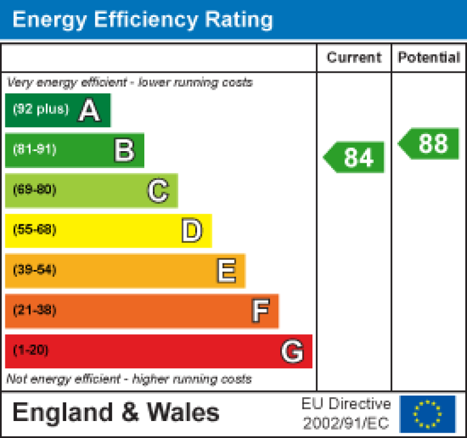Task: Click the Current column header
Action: [x=354, y=58]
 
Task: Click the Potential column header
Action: [x=429, y=58]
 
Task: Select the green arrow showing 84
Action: [x=355, y=157]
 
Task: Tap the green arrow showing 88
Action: [x=429, y=144]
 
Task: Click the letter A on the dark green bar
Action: [x=89, y=110]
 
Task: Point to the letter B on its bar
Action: [x=124, y=150]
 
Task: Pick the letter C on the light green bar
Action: [x=158, y=191]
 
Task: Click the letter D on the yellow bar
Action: [x=192, y=231]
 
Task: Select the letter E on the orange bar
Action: [x=226, y=271]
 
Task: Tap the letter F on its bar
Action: [x=260, y=311]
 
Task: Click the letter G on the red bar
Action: [x=292, y=351]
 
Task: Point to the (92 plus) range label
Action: [x=41, y=110]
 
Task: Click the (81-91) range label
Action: [x=35, y=150]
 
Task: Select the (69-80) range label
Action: [x=35, y=190]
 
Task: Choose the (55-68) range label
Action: [x=35, y=230]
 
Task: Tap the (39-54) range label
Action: [x=35, y=270]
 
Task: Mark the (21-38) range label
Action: [x=35, y=310]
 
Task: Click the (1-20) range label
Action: [x=30, y=350]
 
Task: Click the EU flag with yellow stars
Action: [x=428, y=413]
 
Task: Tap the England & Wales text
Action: [x=116, y=413]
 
